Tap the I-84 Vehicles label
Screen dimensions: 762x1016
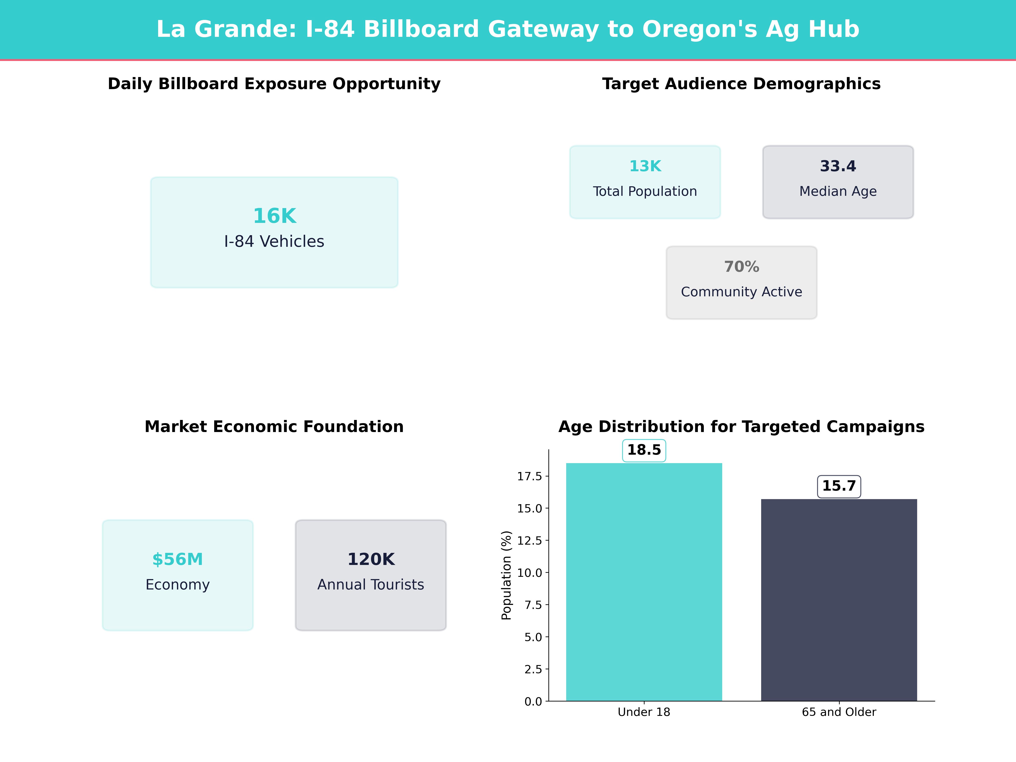(x=274, y=242)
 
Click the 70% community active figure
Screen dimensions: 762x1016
(x=741, y=267)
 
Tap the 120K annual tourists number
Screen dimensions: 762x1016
(x=371, y=559)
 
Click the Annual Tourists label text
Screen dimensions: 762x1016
(x=371, y=585)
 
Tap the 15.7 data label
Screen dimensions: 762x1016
(x=839, y=486)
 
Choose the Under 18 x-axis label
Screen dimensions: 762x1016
(x=644, y=712)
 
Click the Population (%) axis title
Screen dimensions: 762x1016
(x=506, y=575)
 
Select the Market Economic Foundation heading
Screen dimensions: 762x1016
(x=274, y=427)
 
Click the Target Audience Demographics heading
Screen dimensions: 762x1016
(x=741, y=84)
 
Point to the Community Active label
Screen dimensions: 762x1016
(x=741, y=292)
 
